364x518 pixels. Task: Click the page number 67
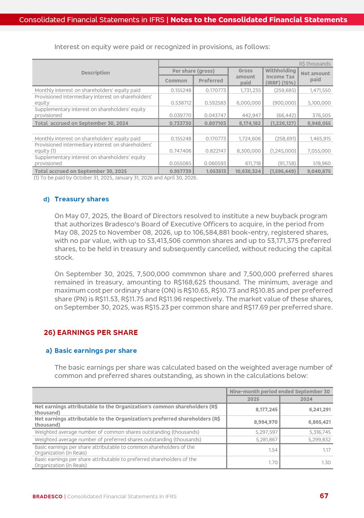[x=324, y=496]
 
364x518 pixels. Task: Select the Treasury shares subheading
[x=81, y=199]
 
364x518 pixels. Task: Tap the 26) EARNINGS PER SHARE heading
[x=91, y=332]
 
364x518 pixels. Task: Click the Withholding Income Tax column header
[x=280, y=77]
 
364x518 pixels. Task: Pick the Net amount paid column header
[x=315, y=77]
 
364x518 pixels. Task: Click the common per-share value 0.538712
[x=181, y=103]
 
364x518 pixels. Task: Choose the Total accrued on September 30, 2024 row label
[x=81, y=123]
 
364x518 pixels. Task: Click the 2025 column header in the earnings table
[x=253, y=399]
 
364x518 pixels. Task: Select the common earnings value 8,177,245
[x=266, y=409]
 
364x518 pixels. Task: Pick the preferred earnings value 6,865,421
[x=319, y=422]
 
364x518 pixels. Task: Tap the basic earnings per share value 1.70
[x=273, y=462]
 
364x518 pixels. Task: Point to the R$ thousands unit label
[x=315, y=64]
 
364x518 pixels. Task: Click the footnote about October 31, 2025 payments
[x=115, y=178]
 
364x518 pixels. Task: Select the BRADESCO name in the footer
[x=47, y=497]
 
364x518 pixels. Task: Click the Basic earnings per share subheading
[x=95, y=351]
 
